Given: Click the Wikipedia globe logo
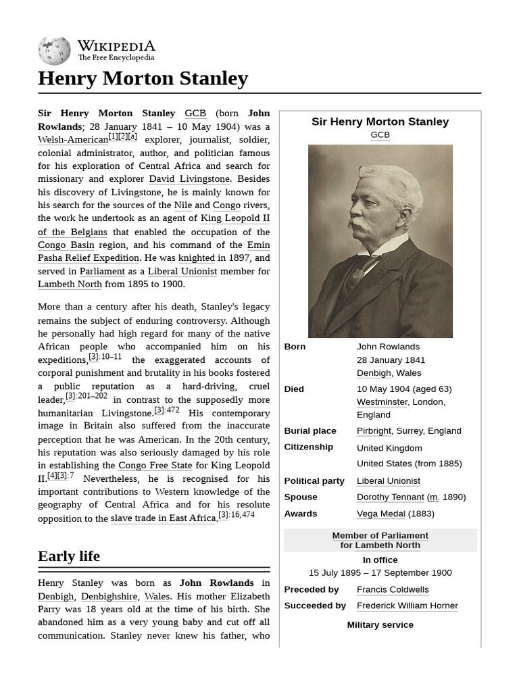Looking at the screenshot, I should [x=54, y=51].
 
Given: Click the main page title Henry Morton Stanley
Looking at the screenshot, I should [x=143, y=78].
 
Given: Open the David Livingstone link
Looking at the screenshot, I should [x=189, y=179].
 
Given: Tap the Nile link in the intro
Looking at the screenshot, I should [x=182, y=205].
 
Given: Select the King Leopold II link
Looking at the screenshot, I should [x=235, y=218].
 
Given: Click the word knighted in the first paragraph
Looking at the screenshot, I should [x=196, y=258].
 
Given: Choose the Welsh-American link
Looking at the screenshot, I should [x=73, y=140].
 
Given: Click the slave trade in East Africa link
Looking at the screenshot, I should [x=163, y=518].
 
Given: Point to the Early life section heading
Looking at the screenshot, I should [x=69, y=556].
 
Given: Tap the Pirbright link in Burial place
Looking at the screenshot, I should [x=374, y=431].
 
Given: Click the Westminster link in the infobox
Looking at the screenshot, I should [x=382, y=402].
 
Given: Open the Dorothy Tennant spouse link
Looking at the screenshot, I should [x=390, y=497].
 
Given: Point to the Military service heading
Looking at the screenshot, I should [x=380, y=625].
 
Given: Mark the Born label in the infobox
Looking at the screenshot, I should [x=295, y=347].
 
